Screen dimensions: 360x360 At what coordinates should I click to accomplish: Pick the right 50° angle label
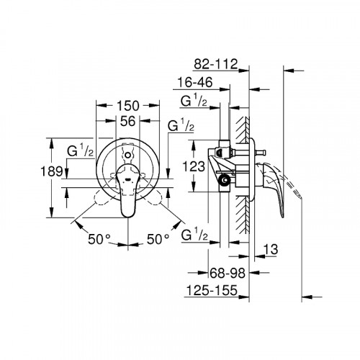157,238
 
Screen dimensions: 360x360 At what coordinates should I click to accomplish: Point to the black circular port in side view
226,181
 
